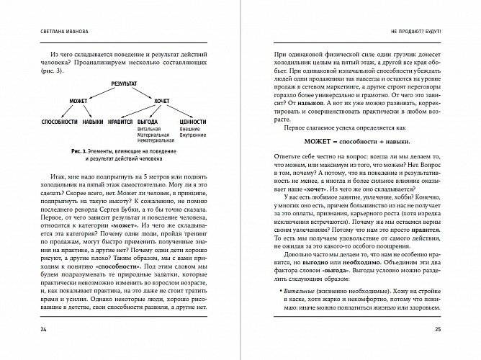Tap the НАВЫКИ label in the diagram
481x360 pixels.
[93, 123]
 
